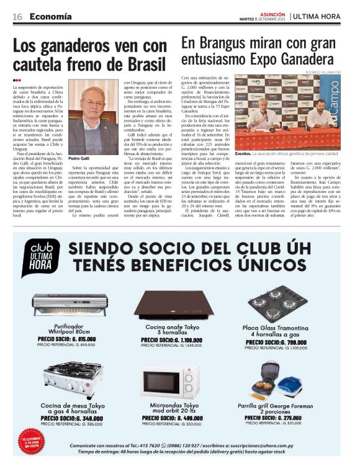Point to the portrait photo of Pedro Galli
[x=93, y=116]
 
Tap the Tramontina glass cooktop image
[x=276, y=303]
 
